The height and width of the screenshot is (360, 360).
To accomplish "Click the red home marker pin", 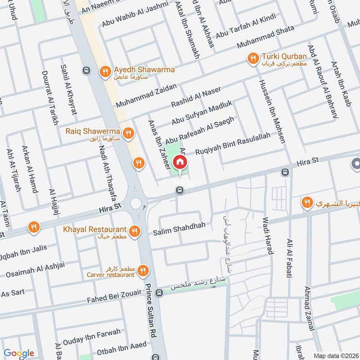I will pos(180,162).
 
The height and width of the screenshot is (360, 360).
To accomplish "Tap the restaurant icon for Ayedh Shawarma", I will pos(105,72).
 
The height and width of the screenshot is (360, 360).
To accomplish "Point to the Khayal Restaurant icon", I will pos(134,232).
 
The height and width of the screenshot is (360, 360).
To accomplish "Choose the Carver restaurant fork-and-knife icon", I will pos(144,270).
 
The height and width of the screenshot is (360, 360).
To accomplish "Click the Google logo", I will pos(19,353).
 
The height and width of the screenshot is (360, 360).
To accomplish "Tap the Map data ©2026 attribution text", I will pos(335,354).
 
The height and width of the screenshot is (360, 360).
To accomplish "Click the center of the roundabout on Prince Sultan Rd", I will pos(136,203).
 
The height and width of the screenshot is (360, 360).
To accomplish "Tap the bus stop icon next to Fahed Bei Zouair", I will pos(159,292).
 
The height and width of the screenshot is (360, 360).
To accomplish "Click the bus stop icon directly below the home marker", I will pos(180,190).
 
